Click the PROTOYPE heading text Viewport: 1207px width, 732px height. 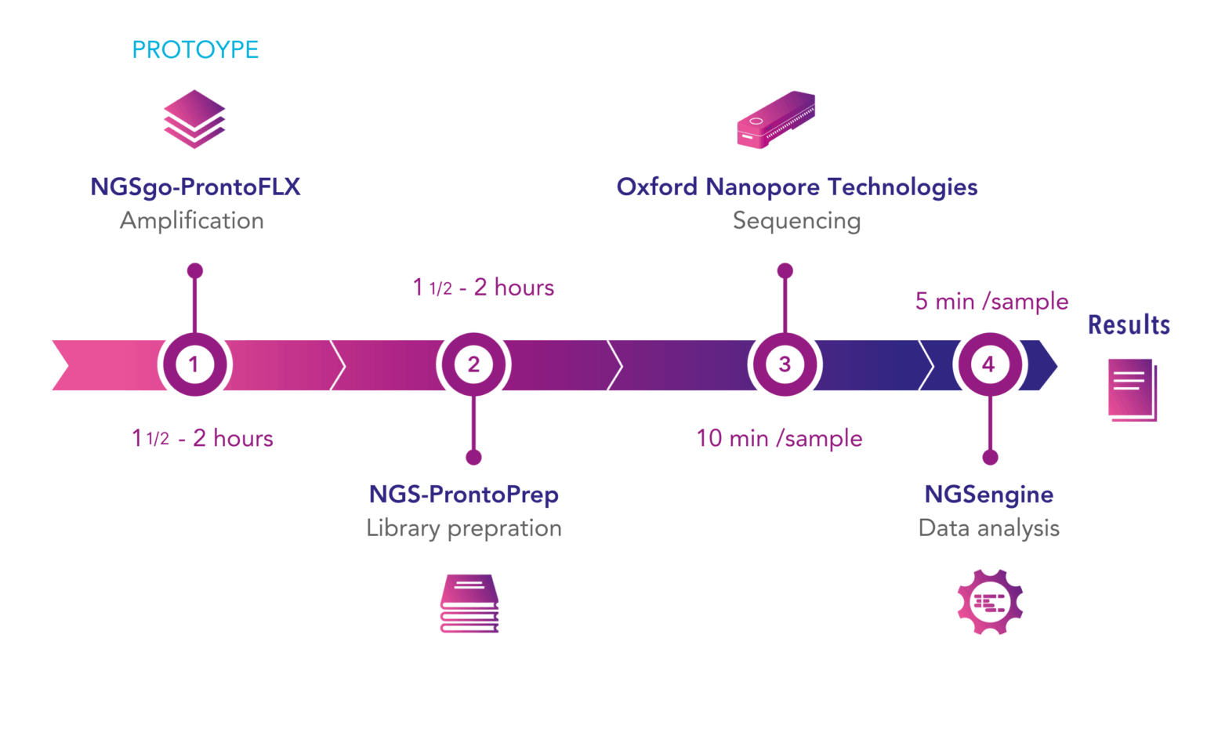coord(195,49)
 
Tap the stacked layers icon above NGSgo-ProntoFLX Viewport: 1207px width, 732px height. coord(194,119)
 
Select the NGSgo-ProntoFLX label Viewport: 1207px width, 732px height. coord(195,187)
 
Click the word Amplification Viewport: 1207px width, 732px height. coord(192,221)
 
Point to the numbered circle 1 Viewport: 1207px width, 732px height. coord(194,364)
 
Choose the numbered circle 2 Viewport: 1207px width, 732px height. coord(473,364)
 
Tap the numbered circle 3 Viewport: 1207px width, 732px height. coord(785,364)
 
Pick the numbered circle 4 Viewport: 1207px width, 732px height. coord(989,364)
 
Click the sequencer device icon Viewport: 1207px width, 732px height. coord(776,120)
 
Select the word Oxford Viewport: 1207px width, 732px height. coord(657,187)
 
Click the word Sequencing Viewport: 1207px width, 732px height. coord(796,221)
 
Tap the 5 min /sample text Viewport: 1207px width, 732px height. coord(991,301)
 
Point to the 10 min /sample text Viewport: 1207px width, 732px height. coord(779,438)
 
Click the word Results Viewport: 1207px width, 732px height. coord(1129,324)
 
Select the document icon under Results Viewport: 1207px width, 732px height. coord(1132,390)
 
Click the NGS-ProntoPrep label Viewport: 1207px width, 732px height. coord(463,495)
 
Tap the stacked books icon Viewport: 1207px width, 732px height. coord(469,603)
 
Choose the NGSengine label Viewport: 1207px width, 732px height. coord(989,495)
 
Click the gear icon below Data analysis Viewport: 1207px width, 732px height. coord(990,602)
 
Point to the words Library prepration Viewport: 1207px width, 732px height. coord(464,528)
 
